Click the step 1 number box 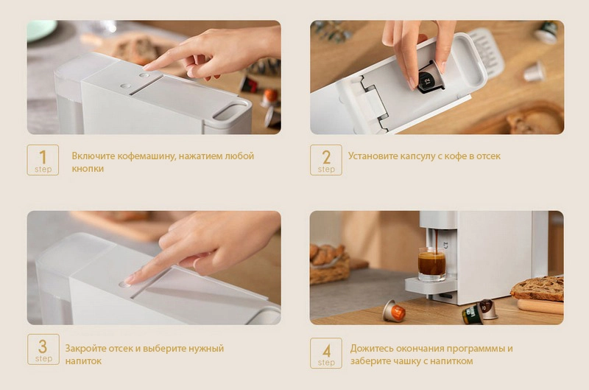coord(43,160)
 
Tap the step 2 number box coord(326,160)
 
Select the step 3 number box coord(43,349)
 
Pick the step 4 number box coord(326,353)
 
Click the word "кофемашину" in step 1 coord(146,156)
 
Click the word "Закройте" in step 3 coord(85,348)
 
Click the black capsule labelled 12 coord(429,78)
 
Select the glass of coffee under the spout coord(432,263)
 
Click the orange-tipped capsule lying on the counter coord(393,311)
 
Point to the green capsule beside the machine coord(472,315)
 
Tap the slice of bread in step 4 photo coord(538,288)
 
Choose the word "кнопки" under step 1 coord(88,169)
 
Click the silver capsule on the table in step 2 coord(535,72)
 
